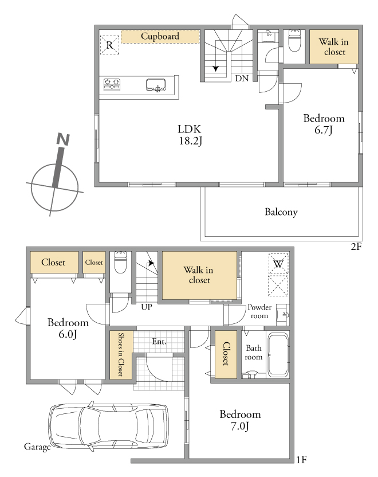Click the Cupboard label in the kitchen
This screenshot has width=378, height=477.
point(160,36)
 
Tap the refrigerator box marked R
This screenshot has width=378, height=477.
point(109,45)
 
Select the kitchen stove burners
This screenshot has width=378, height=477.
point(112,84)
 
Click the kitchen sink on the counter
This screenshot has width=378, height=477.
point(156,85)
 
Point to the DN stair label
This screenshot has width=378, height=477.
point(242,79)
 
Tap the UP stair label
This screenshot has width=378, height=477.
point(147,307)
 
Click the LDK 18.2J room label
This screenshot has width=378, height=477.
point(190,135)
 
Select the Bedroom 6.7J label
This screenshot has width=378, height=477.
point(324,124)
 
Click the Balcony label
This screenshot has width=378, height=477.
point(281,212)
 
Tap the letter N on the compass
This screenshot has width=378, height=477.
point(63,139)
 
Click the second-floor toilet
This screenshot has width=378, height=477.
point(294,40)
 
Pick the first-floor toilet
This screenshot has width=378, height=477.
point(120,263)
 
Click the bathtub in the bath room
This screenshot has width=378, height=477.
point(278,355)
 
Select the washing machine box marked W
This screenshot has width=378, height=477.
point(278,264)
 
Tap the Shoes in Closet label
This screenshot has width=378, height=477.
point(121,354)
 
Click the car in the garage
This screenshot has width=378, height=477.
point(108,426)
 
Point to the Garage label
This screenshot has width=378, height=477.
point(37,447)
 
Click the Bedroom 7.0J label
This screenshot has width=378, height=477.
point(240,420)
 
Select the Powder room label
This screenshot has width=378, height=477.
point(259,311)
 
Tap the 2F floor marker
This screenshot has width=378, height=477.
point(356,246)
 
